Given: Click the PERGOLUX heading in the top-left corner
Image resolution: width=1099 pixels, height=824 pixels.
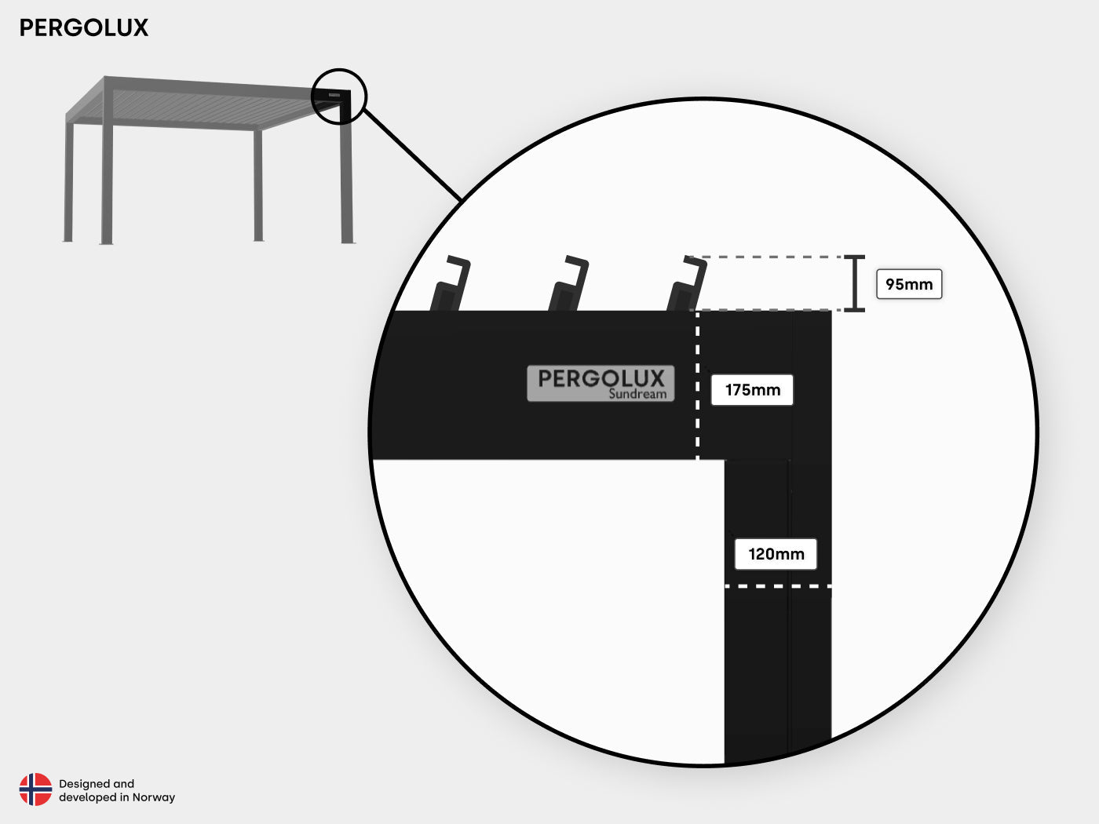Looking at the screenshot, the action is click(84, 27).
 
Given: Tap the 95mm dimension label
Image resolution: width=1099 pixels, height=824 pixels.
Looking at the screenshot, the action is click(909, 284).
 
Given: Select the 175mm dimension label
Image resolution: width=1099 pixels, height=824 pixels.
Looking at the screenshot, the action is click(752, 390).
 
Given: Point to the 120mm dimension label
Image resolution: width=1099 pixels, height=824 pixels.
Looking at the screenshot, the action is click(776, 554).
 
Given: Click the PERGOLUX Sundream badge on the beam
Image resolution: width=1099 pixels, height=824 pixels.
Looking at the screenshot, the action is click(601, 383).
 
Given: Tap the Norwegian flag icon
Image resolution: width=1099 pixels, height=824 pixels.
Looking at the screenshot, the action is click(35, 789).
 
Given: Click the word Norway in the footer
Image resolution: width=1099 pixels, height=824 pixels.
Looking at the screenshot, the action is click(154, 797).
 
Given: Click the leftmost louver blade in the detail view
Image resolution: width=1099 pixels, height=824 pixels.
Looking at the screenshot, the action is click(450, 283).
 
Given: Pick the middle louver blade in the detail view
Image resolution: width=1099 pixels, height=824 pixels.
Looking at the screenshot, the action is click(568, 283).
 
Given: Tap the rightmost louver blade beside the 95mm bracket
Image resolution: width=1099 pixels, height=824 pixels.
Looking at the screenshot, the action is click(687, 283).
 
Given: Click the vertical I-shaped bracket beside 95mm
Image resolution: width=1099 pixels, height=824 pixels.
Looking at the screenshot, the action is click(855, 283).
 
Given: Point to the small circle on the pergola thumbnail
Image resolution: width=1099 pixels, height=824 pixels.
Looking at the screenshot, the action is click(339, 97).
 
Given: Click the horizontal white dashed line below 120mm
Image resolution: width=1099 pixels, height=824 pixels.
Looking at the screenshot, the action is click(778, 586).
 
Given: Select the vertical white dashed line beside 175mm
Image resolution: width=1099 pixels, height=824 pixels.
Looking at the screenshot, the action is click(697, 385).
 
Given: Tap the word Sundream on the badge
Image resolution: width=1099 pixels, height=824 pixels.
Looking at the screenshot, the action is click(637, 394).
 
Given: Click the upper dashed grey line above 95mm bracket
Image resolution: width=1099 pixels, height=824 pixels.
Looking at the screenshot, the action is click(766, 257).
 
